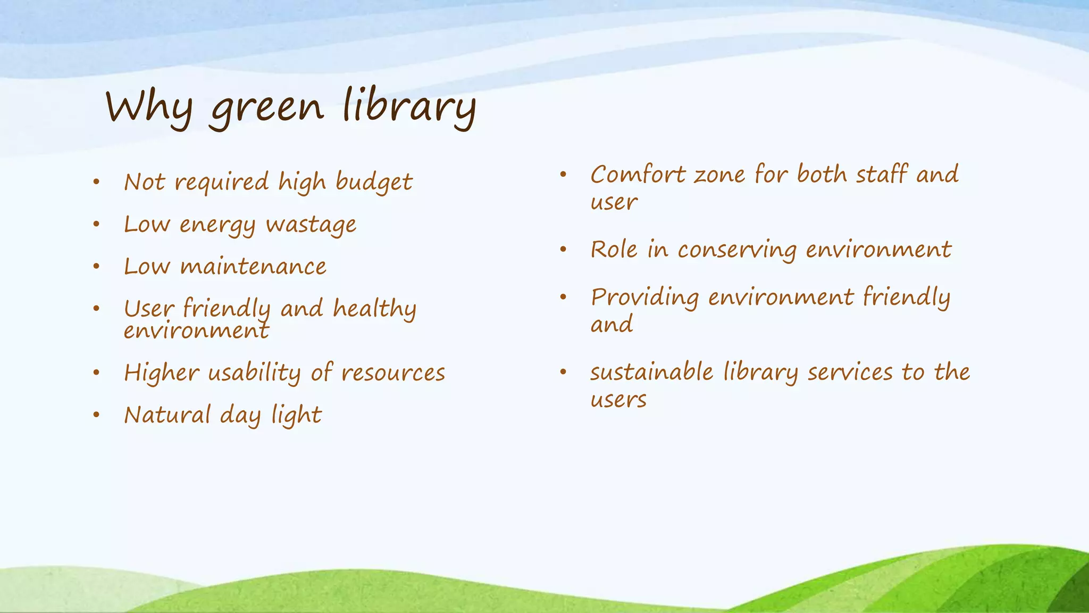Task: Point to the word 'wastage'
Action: point(311,225)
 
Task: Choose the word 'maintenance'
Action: point(253,267)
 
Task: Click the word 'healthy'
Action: point(374,309)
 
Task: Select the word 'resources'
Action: point(393,372)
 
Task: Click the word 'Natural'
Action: point(167,415)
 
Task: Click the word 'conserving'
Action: point(737,250)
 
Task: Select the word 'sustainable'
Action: point(651,372)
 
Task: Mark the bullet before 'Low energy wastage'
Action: point(96,225)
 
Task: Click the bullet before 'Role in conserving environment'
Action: point(563,249)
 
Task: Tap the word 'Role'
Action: point(614,250)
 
